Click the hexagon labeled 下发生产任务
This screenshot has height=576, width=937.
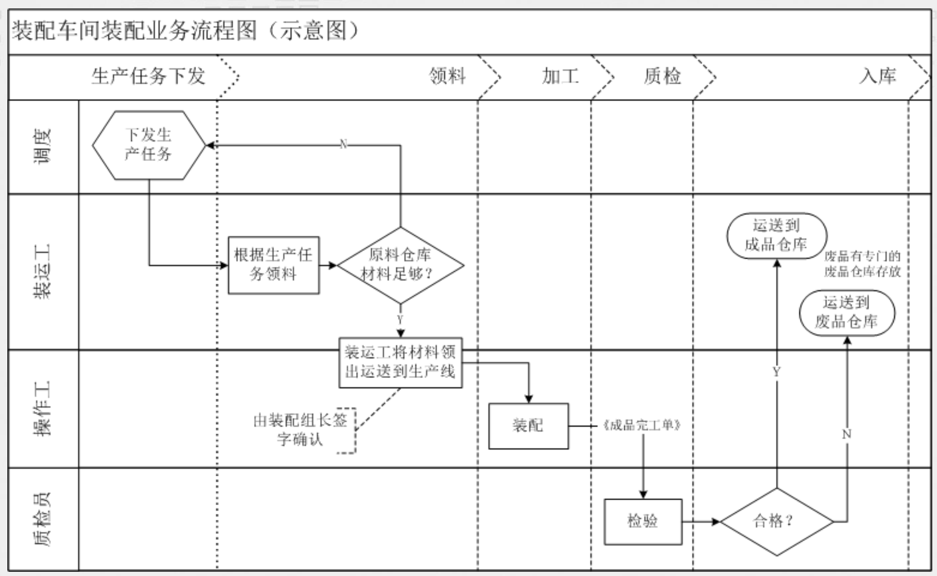click(x=148, y=145)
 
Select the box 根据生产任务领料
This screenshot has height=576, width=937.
click(x=273, y=264)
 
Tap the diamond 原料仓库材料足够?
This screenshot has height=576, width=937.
click(x=400, y=264)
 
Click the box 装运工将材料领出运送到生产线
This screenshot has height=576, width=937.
click(x=400, y=362)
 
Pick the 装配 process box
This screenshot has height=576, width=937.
click(x=528, y=425)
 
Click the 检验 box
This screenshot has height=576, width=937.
click(x=643, y=521)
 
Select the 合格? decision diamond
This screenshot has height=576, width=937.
click(x=776, y=521)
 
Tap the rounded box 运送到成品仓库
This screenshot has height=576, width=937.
click(x=776, y=235)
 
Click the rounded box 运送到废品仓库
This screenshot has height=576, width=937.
click(x=846, y=313)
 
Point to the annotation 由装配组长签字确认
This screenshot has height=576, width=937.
click(x=301, y=430)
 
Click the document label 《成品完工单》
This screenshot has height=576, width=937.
click(x=642, y=425)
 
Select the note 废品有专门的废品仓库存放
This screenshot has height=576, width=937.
click(x=862, y=263)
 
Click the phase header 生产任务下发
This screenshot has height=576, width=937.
click(x=148, y=76)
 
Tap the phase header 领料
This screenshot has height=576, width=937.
click(x=447, y=76)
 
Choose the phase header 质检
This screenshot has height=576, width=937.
click(x=662, y=76)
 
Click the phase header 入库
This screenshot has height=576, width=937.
click(x=877, y=76)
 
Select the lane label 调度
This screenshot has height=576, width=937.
click(x=43, y=146)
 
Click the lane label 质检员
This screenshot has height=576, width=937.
click(x=43, y=519)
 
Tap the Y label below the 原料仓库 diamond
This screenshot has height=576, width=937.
click(x=400, y=319)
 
